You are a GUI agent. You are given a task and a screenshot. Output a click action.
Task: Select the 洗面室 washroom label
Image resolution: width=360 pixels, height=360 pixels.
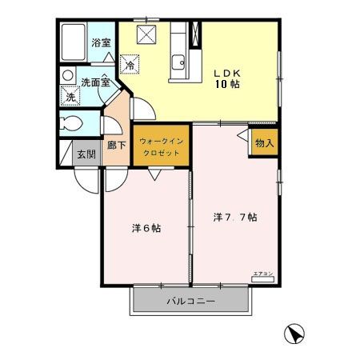(x=94, y=82)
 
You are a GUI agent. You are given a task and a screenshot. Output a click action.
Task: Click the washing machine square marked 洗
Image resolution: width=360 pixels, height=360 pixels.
(x=70, y=96)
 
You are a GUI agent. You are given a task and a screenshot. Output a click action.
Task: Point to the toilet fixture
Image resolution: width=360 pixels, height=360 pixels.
(x=71, y=125)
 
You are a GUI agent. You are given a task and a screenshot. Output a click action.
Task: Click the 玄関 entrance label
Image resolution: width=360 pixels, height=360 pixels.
(x=86, y=154)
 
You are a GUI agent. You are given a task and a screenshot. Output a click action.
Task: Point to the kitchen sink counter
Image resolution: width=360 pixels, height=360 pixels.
(x=178, y=53)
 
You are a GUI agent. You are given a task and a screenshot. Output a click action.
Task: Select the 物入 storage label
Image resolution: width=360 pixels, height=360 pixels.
(x=264, y=142)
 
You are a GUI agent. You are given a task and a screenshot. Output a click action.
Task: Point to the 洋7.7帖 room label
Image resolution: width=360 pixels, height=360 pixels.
(x=234, y=217)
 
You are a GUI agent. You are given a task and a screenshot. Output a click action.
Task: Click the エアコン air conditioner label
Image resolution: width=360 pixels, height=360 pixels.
(x=263, y=274)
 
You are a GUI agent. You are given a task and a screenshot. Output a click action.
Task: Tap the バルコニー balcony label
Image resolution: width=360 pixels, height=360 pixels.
(x=191, y=302)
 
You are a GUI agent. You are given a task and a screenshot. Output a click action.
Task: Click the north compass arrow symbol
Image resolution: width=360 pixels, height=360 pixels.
(x=294, y=333)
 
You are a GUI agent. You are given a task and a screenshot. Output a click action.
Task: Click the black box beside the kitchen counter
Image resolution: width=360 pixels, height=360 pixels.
(x=195, y=36)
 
